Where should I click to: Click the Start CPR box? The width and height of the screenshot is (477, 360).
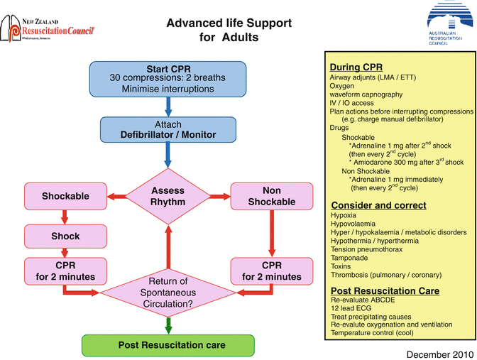tap(168, 78)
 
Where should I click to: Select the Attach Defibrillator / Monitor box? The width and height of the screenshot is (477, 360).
tap(168, 129)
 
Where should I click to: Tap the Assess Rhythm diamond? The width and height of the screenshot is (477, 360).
tap(168, 196)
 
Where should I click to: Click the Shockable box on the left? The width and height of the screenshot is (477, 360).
tap(65, 196)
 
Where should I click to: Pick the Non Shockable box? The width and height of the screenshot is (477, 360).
tap(271, 196)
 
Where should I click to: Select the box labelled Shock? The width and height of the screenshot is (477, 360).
tap(65, 236)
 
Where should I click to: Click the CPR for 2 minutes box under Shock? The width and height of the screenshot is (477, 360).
tap(65, 271)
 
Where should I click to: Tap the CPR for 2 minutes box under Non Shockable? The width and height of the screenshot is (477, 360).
tap(271, 271)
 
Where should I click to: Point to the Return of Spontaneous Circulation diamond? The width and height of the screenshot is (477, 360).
tap(168, 292)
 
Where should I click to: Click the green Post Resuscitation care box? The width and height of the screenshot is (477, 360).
tap(168, 345)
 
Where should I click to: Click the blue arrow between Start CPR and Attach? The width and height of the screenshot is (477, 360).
tap(168, 106)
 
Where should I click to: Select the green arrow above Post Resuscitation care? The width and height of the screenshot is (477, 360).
tap(168, 324)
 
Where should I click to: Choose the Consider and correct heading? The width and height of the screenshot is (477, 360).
tap(378, 205)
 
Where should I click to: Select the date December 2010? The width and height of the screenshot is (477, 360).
tap(437, 352)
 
